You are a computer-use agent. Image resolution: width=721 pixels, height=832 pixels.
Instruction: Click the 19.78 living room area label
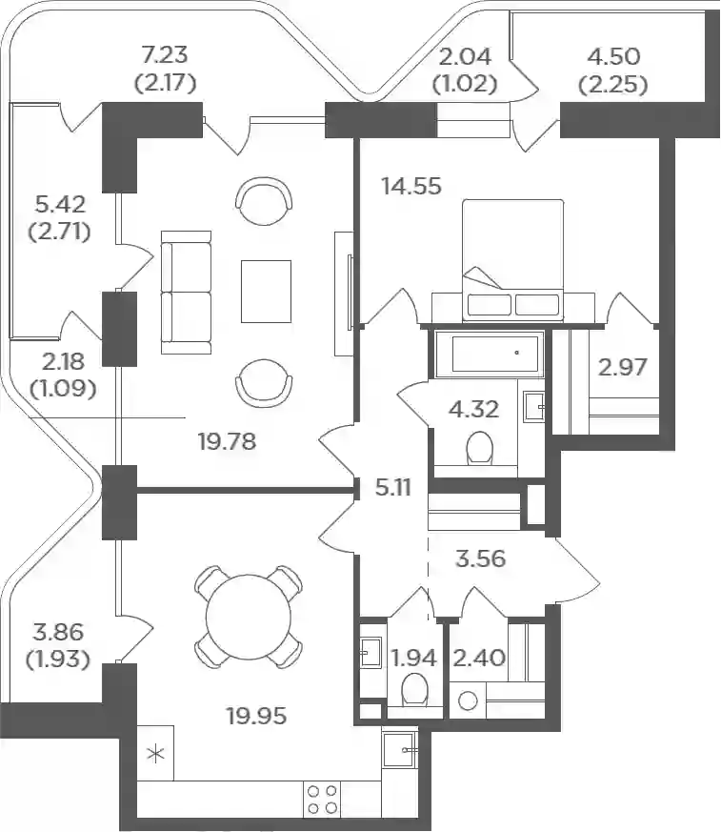[x=228, y=441]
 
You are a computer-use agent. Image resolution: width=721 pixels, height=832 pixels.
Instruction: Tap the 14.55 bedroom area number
[x=411, y=186]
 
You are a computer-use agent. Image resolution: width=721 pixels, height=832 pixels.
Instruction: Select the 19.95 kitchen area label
[x=256, y=716]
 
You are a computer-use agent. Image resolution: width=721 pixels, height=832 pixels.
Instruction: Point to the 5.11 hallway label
[x=392, y=488]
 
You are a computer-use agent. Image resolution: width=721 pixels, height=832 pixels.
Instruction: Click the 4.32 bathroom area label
[x=474, y=409]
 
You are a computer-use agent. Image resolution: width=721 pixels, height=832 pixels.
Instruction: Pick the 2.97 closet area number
[x=623, y=367]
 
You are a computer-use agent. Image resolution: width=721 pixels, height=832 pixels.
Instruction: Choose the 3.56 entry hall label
[x=481, y=558]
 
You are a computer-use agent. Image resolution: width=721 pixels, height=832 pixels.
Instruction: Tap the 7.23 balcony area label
[x=166, y=54]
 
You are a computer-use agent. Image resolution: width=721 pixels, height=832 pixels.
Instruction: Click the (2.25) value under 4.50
[x=613, y=85]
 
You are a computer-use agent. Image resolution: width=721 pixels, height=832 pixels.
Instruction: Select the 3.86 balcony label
[x=58, y=632]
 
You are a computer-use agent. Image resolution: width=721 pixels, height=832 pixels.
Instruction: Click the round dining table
[x=249, y=616]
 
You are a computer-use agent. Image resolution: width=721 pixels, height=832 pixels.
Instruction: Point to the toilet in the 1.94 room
[x=414, y=690]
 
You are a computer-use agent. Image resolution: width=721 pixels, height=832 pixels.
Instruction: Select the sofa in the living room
[x=186, y=293]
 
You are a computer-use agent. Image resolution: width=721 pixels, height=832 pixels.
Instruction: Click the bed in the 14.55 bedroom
[x=512, y=260]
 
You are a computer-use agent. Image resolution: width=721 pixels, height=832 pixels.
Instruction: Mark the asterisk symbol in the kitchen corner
[x=156, y=754]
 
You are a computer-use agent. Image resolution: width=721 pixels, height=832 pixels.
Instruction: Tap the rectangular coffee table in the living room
[x=266, y=292]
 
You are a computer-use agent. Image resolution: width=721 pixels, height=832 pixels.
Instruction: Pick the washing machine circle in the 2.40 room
[x=468, y=700]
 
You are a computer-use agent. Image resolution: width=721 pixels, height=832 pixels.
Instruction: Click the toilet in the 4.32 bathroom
[x=481, y=449]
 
